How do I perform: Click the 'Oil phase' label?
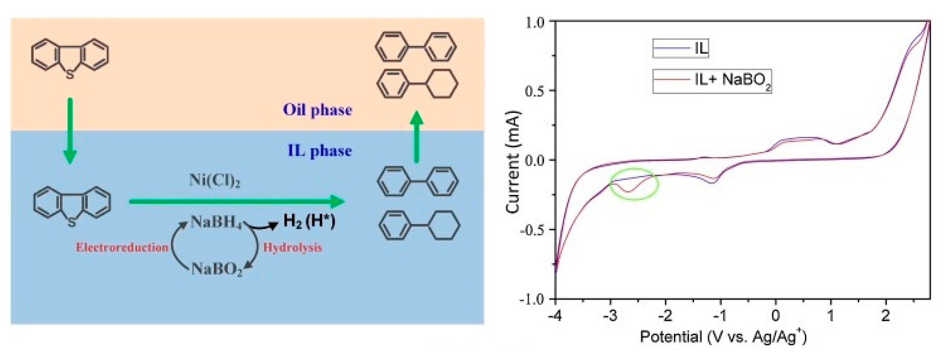[x=317, y=110]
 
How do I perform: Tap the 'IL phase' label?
[x=320, y=151]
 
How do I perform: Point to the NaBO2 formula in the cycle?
[x=217, y=270]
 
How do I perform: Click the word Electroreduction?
[x=122, y=248]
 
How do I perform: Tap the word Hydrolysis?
[x=293, y=248]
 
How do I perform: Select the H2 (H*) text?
[x=309, y=221]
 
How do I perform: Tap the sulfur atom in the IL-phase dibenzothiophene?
[x=72, y=223]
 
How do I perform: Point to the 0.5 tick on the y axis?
[x=535, y=91]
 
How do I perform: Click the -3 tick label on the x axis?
[x=611, y=315]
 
